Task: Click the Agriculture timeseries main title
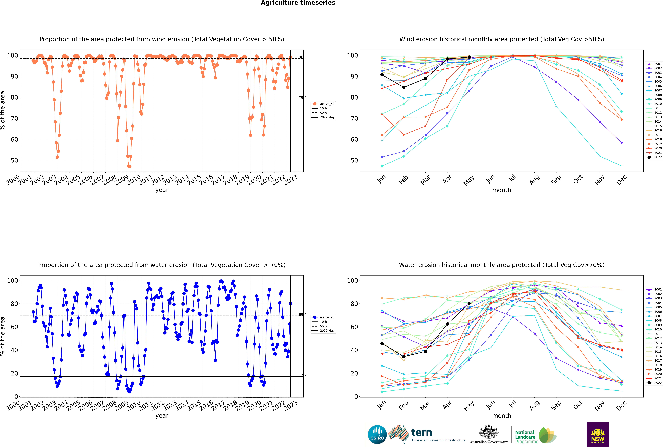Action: [298, 3]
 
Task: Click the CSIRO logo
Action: [377, 434]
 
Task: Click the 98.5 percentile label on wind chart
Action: [302, 57]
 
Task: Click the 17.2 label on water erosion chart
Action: [302, 375]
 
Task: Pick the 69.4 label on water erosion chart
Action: [302, 315]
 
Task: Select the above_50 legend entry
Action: [327, 104]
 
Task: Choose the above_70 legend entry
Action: [327, 317]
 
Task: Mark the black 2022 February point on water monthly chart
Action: [404, 357]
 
